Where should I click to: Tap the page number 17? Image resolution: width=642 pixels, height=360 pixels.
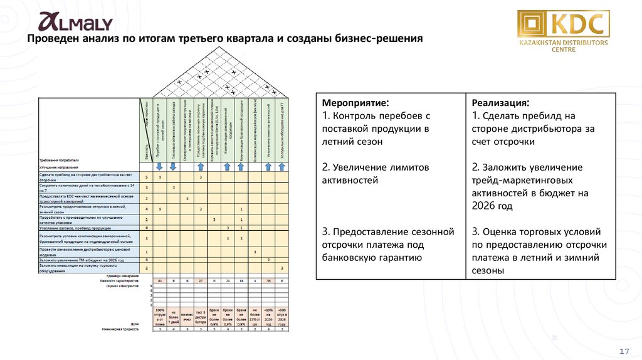(624, 350)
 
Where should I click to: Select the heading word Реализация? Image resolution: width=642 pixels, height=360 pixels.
(500, 102)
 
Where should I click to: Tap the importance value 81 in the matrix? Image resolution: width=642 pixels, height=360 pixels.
(160, 280)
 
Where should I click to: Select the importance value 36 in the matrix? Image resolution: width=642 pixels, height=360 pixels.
(268, 280)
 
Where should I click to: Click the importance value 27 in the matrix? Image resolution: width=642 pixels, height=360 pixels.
(201, 280)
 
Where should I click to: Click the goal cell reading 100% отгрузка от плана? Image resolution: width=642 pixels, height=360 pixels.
(160, 316)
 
